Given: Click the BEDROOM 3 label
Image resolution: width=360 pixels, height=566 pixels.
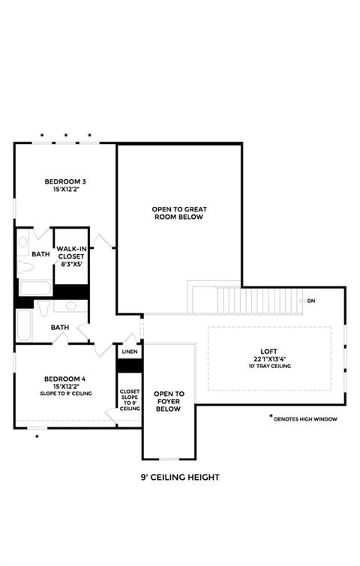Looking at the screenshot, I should pos(64,181).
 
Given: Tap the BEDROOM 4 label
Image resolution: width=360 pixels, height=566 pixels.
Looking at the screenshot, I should pos(64,379).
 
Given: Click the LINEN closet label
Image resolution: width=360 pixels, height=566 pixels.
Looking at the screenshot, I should pos(130,351).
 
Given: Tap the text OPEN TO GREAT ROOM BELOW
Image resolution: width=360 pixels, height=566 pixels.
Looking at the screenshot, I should pos(178,212).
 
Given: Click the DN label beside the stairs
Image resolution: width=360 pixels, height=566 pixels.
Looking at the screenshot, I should pos(311,301).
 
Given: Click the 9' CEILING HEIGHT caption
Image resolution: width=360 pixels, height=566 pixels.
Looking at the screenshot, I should pos(179,477).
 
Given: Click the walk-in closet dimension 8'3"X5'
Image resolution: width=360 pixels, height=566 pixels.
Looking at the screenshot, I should pos(70,264).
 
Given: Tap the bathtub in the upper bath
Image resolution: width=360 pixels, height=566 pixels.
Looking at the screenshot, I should pos(34,287).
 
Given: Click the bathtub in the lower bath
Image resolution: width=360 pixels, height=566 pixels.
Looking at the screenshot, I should pos(23,324).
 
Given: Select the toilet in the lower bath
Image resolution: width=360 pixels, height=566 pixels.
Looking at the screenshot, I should pos(44,308).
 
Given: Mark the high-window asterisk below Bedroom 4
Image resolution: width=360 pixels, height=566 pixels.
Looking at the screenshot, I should pos(36,436).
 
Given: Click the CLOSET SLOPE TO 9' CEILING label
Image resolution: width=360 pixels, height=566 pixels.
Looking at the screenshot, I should pos(130,400).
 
